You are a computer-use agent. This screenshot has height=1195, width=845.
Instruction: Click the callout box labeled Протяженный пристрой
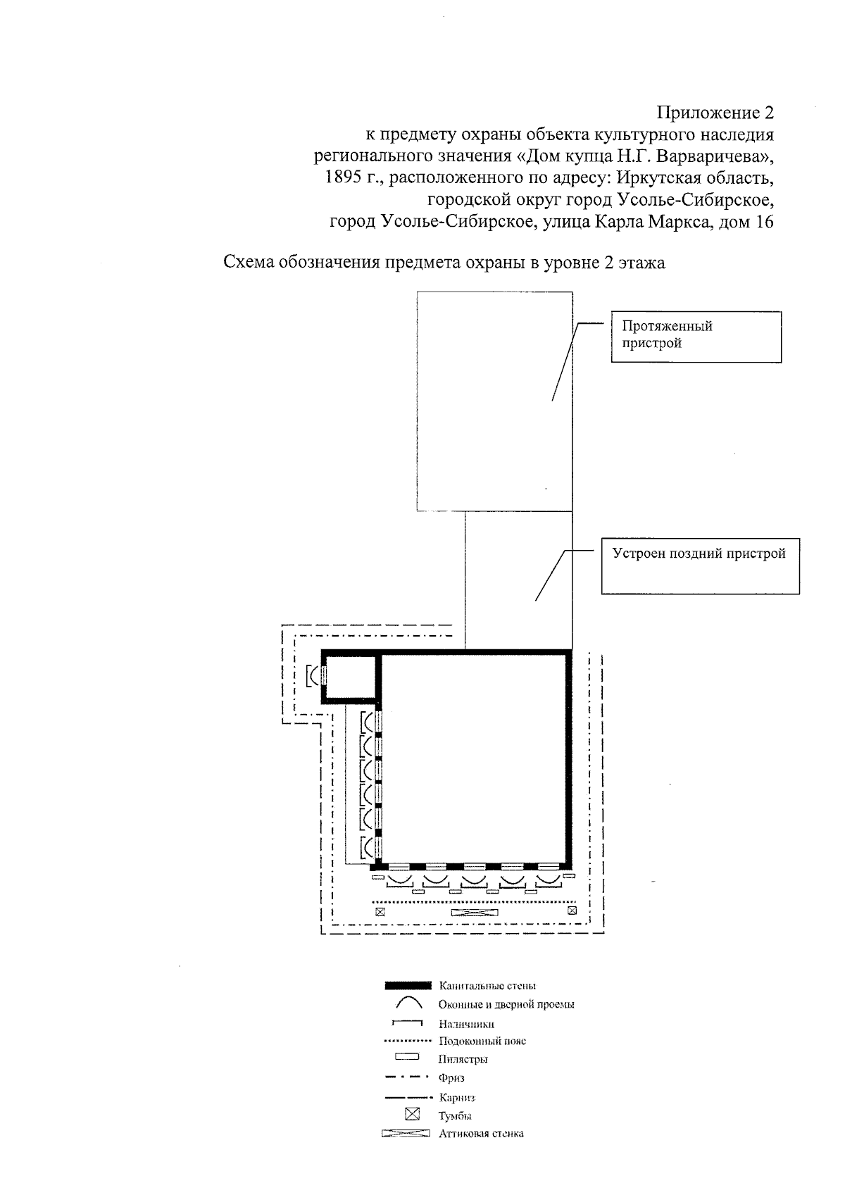click(x=696, y=337)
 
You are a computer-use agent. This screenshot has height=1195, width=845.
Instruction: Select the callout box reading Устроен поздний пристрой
click(x=700, y=566)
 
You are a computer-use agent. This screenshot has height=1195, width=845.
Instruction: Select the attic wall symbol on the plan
click(x=475, y=912)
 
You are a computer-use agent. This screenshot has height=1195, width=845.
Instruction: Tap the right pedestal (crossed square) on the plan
click(x=572, y=911)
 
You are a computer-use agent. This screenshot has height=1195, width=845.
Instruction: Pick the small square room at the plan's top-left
click(x=351, y=677)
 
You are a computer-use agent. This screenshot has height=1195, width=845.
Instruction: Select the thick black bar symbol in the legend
click(x=408, y=986)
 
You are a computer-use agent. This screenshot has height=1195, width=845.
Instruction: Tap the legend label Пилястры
click(x=463, y=1059)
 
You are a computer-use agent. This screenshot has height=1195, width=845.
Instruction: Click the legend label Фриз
click(x=451, y=1078)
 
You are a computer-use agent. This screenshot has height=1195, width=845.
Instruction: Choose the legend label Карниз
click(x=457, y=1097)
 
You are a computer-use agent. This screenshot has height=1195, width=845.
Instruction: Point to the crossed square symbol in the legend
click(x=412, y=1115)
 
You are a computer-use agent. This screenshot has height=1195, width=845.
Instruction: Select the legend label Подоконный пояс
click(x=482, y=1041)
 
